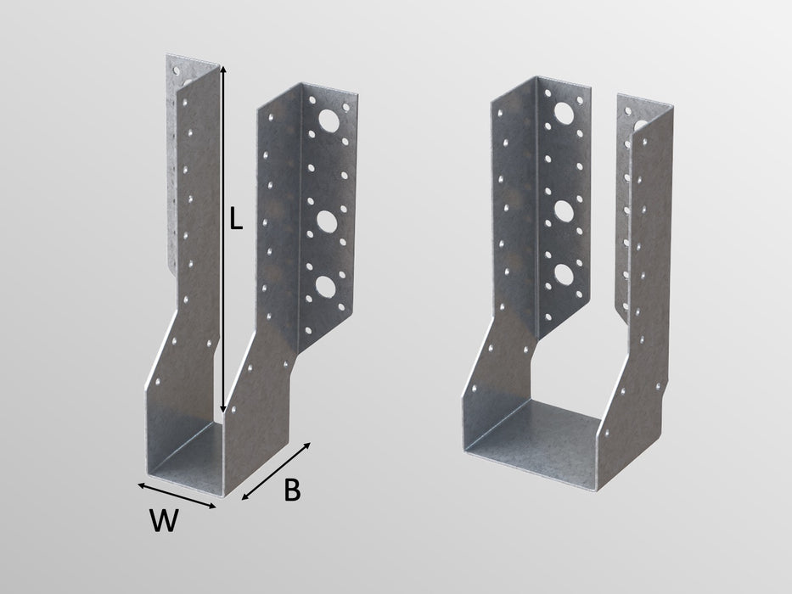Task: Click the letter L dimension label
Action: (x=236, y=220)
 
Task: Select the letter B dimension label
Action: (x=291, y=490)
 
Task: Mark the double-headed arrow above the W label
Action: (x=177, y=495)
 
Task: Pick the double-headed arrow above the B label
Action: (x=278, y=470)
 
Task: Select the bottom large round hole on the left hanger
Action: (x=325, y=286)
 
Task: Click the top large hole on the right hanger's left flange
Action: (x=563, y=113)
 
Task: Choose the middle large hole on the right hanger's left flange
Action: (x=563, y=210)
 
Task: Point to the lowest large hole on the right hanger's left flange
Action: (x=563, y=273)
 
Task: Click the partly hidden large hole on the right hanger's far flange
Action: (x=638, y=125)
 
